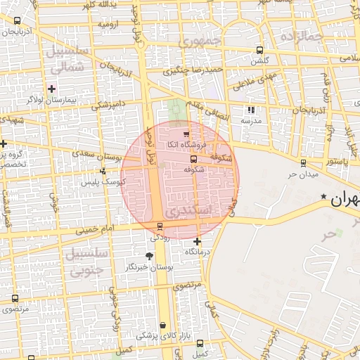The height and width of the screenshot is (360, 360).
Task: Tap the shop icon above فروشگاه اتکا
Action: click(x=186, y=134)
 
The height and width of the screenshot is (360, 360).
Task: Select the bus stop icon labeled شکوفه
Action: click(x=193, y=159)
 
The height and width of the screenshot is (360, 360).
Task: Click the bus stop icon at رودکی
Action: click(x=160, y=226)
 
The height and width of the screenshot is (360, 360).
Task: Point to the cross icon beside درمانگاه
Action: click(x=197, y=242)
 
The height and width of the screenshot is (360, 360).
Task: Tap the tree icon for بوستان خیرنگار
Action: click(x=148, y=257)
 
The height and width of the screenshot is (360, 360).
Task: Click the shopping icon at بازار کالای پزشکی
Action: click(x=164, y=325)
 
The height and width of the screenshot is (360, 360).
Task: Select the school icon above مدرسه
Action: click(x=251, y=110)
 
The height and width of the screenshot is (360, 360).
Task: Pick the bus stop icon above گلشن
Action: click(x=260, y=50)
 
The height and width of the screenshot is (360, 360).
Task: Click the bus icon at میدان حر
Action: click(x=303, y=162)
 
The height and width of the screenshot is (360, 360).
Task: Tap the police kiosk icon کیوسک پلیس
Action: click(x=103, y=171)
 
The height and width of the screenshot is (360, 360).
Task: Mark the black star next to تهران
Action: click(x=323, y=196)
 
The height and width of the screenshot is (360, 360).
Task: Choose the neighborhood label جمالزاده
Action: click(x=301, y=35)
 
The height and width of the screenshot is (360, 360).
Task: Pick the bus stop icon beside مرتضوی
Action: click(x=15, y=298)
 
